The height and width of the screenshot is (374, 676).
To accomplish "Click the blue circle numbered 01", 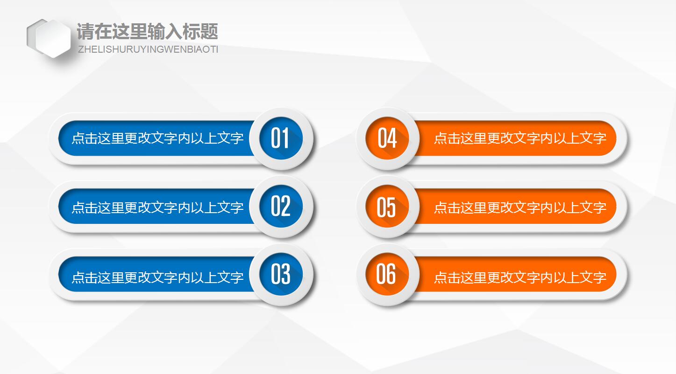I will (x=281, y=139).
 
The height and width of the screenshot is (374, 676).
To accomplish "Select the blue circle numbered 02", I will (x=281, y=207).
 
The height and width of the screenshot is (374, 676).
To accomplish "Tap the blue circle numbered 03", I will (x=281, y=274).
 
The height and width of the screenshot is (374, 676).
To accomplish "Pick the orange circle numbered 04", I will (x=387, y=139).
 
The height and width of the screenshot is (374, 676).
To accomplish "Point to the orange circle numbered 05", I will (x=387, y=207).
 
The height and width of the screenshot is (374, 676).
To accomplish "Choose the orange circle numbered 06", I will (x=387, y=274).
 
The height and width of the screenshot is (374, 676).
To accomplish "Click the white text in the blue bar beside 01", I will (x=157, y=139).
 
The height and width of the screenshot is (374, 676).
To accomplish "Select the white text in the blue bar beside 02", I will (x=157, y=207).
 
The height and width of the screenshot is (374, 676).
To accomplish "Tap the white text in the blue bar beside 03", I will (x=157, y=277).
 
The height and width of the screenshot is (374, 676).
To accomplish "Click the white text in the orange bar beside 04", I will (x=520, y=138).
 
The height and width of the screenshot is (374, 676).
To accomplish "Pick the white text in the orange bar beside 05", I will (x=520, y=207).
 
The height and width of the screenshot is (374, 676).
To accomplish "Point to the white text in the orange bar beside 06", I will (x=520, y=277).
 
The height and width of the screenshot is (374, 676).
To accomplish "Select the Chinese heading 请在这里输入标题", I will (x=147, y=32).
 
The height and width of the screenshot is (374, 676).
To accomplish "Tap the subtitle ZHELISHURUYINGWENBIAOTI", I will (x=148, y=49).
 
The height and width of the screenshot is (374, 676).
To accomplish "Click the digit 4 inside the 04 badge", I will (x=392, y=139).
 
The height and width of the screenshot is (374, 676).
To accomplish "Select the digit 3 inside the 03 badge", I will (x=286, y=274).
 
